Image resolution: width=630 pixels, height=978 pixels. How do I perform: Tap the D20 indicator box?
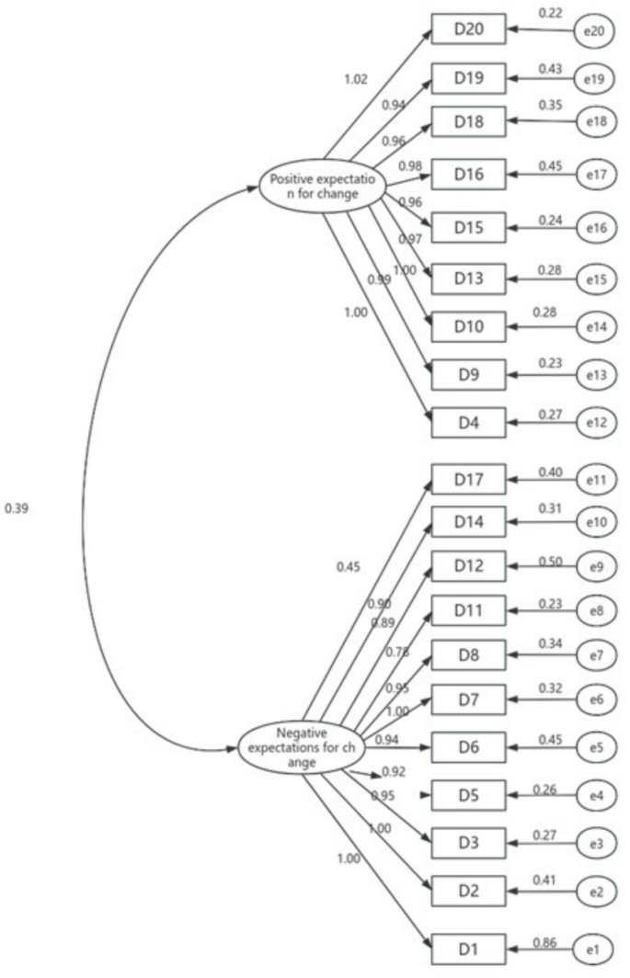point(468,30)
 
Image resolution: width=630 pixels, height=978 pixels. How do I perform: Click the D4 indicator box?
point(468,424)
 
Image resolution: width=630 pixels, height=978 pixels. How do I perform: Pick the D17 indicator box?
point(468,479)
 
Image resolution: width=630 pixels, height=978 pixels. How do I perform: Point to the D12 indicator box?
point(468,566)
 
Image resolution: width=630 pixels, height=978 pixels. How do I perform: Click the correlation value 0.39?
point(17,506)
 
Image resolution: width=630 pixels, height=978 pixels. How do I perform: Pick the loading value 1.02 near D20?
point(354,79)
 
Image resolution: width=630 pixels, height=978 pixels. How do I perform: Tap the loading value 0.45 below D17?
point(349,566)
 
